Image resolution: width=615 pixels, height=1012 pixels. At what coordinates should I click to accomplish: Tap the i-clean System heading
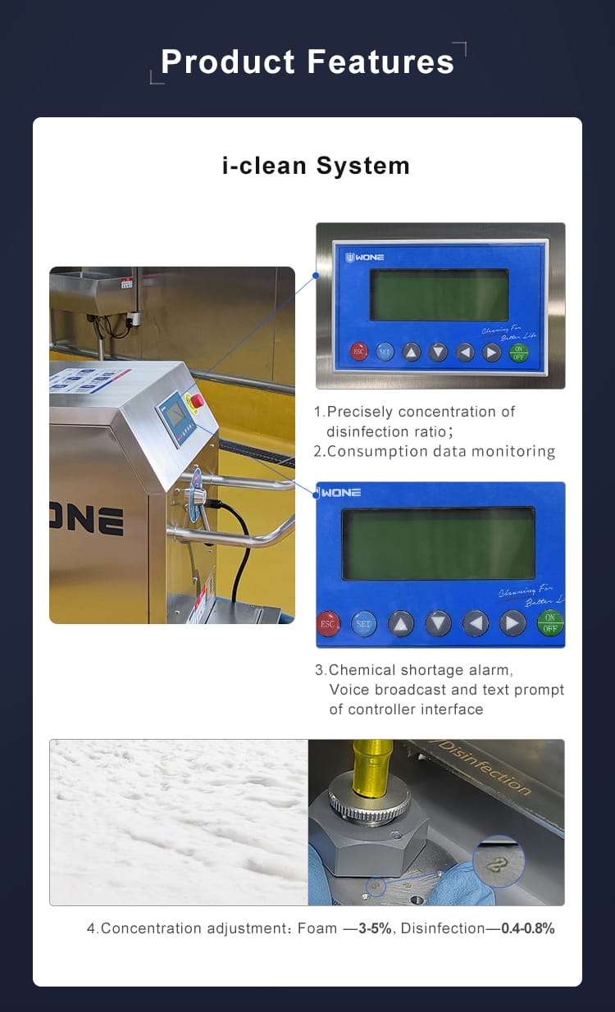click(x=316, y=166)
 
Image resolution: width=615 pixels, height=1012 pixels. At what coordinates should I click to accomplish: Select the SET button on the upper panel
click(x=385, y=352)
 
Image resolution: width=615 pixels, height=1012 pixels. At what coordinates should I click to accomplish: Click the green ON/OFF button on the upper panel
click(x=518, y=352)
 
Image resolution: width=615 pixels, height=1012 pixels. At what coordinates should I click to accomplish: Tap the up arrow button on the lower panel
click(x=401, y=623)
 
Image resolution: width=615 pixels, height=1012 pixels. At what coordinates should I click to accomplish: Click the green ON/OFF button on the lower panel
click(x=550, y=622)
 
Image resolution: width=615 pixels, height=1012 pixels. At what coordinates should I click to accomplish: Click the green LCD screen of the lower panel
click(x=438, y=544)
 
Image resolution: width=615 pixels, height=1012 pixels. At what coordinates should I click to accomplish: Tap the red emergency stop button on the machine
click(x=197, y=400)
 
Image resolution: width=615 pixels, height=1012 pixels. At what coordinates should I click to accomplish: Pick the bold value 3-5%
click(x=375, y=928)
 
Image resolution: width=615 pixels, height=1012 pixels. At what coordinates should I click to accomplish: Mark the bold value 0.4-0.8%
click(x=528, y=928)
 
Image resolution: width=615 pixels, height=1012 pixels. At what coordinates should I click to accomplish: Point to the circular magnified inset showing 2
click(x=498, y=861)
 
